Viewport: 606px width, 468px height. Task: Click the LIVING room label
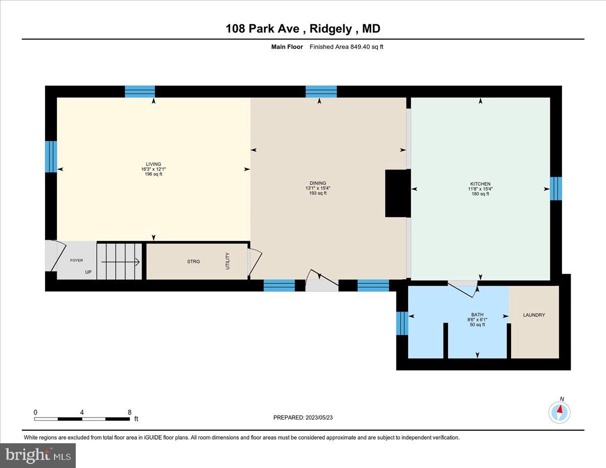coord(154,164)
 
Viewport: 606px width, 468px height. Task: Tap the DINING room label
coord(318,183)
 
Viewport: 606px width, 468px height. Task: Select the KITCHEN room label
coord(480,184)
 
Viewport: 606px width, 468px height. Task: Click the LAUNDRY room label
coord(534,315)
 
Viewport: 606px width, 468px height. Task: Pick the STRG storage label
coord(193,262)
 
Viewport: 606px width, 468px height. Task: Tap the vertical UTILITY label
coord(228,261)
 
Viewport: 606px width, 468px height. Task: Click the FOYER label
coord(76,261)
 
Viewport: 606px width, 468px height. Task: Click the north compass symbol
coord(560,411)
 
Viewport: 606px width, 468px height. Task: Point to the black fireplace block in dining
coord(396,193)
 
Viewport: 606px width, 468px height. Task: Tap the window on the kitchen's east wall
coord(555,188)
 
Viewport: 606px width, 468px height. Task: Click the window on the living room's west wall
coord(51,157)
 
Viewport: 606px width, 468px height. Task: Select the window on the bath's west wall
coord(402,323)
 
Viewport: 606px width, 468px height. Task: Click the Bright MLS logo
coord(38,455)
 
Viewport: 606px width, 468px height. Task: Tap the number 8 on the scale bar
coord(130,411)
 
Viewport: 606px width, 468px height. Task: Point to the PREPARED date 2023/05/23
coord(303,418)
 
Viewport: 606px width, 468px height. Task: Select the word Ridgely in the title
coord(331,29)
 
